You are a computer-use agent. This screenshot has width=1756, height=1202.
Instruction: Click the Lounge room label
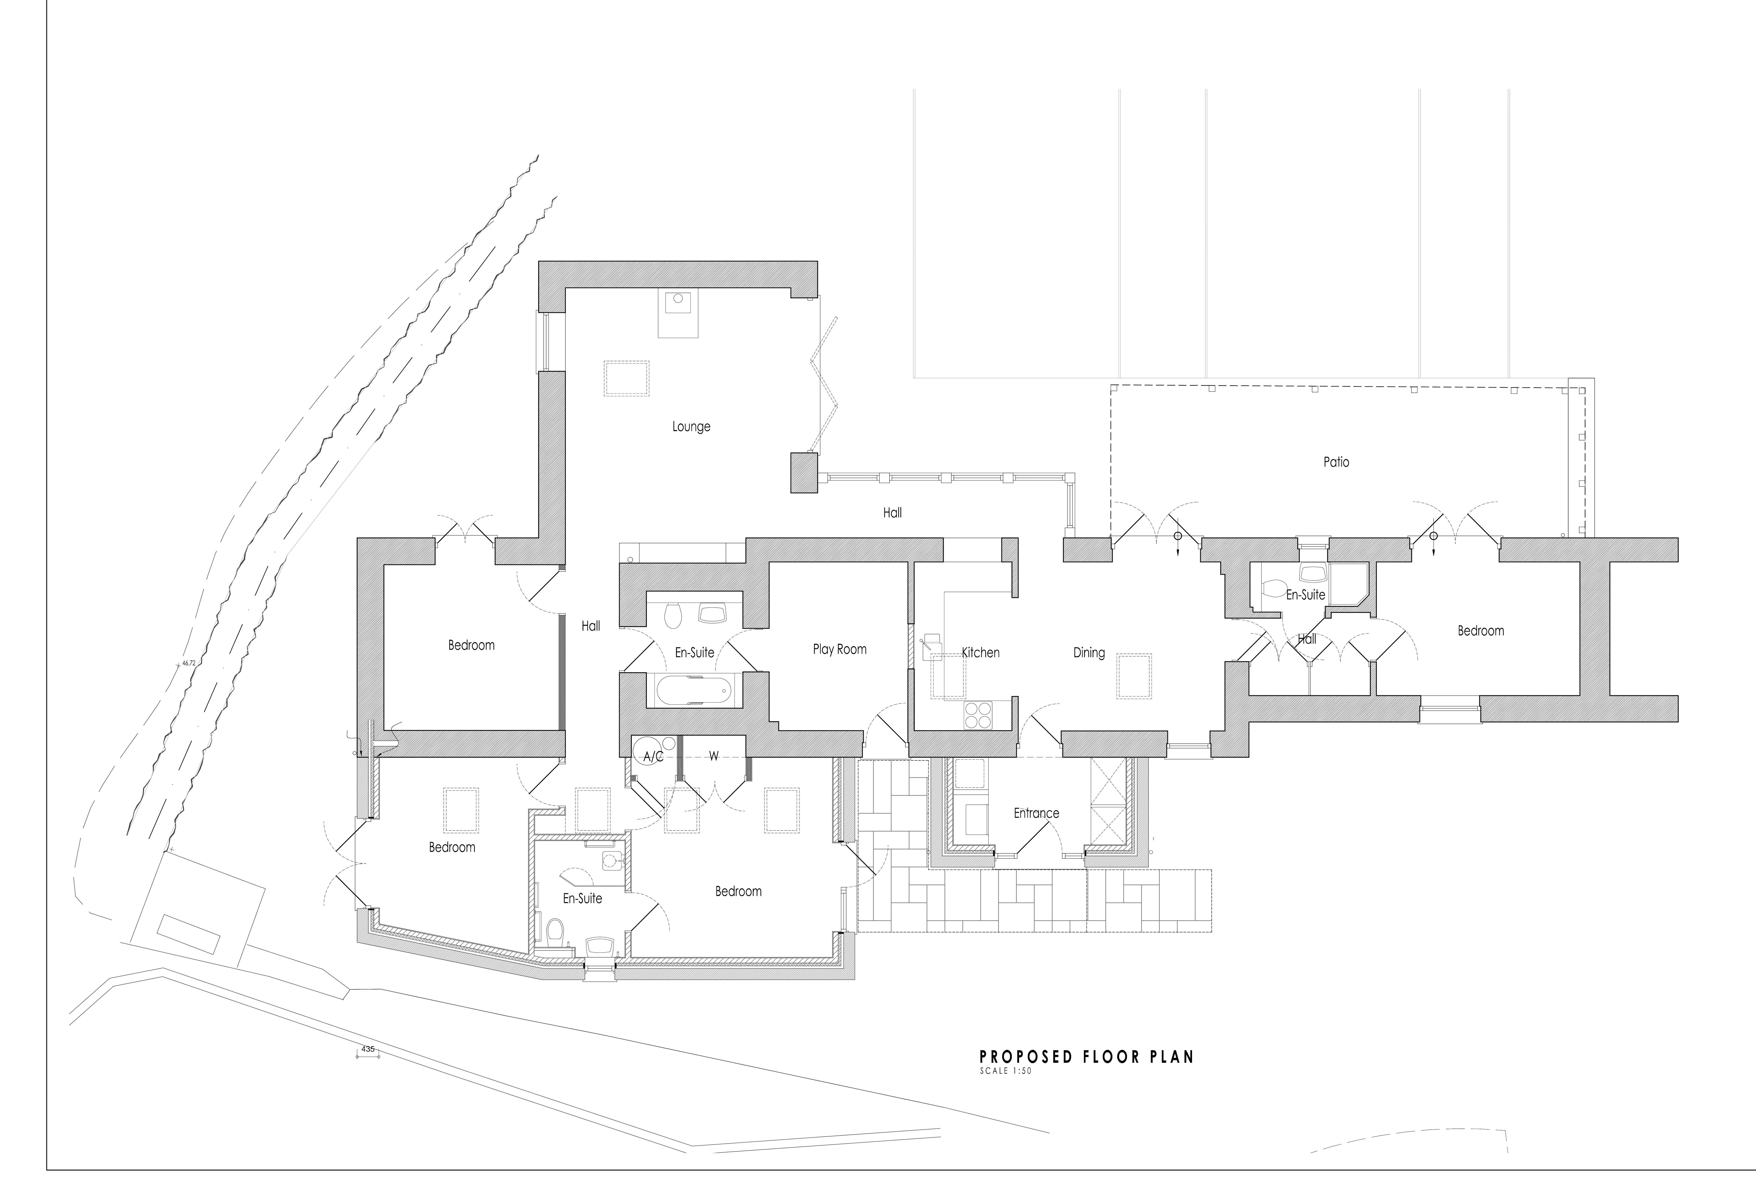[x=691, y=427]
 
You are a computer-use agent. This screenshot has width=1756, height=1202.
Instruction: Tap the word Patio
[x=1336, y=462]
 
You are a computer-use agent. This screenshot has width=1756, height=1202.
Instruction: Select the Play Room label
[x=839, y=649]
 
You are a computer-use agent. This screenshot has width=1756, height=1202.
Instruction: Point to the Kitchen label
[x=981, y=653]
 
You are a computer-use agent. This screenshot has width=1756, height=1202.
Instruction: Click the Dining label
[x=1089, y=653]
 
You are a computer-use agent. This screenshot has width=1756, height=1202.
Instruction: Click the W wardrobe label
[x=713, y=756]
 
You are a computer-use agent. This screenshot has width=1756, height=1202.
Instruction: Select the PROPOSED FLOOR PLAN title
[x=1087, y=1057]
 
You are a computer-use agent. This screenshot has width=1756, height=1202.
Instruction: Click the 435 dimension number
[x=368, y=1049]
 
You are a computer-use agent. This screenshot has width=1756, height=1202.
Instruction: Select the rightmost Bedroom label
[x=1480, y=631]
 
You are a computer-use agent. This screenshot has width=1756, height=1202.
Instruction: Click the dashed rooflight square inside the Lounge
[x=626, y=379]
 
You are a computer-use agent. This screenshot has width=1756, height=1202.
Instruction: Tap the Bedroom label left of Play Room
[x=472, y=645]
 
